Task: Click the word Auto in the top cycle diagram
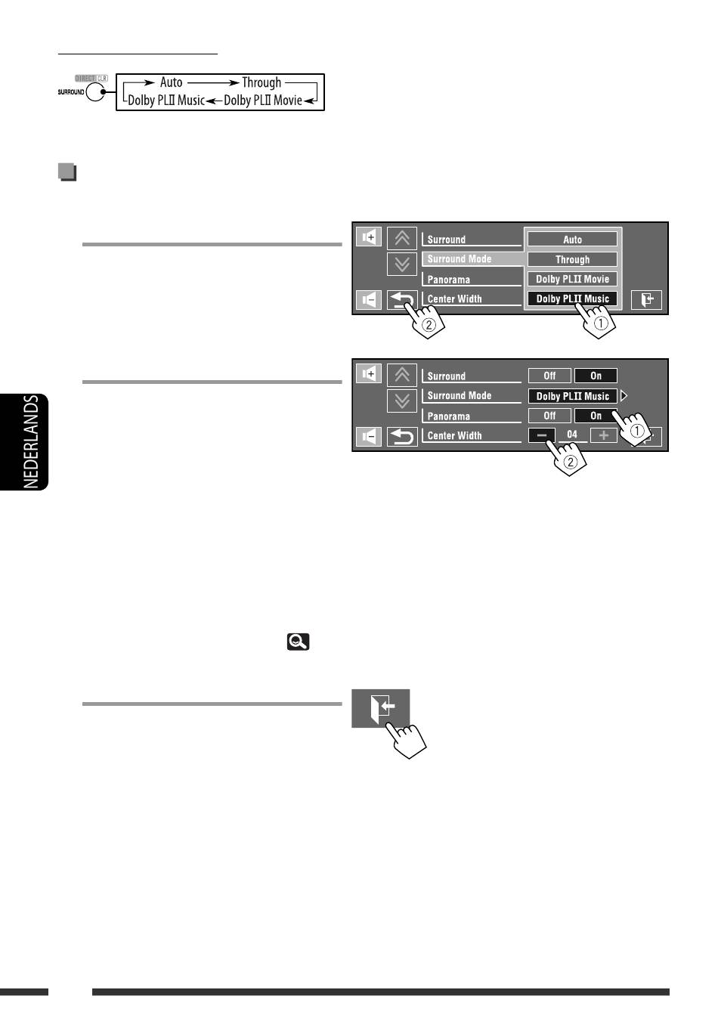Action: click(171, 82)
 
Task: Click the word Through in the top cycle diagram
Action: click(262, 82)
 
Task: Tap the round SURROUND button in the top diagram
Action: click(96, 92)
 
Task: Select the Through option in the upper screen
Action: click(572, 259)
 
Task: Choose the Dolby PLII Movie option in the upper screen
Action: click(572, 279)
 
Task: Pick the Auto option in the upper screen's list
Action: click(572, 240)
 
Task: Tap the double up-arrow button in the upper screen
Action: click(402, 239)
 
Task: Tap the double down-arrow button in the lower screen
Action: click(402, 400)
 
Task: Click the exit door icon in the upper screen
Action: click(646, 300)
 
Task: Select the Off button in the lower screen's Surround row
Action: click(549, 376)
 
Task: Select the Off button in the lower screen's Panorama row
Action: click(549, 416)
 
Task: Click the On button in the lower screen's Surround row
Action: click(596, 376)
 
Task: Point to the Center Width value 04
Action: click(572, 435)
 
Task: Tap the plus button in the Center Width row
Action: click(603, 435)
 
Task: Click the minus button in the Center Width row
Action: click(541, 435)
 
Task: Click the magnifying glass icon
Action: click(299, 642)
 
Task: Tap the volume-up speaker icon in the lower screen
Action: click(369, 373)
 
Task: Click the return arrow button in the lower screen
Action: click(402, 436)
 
